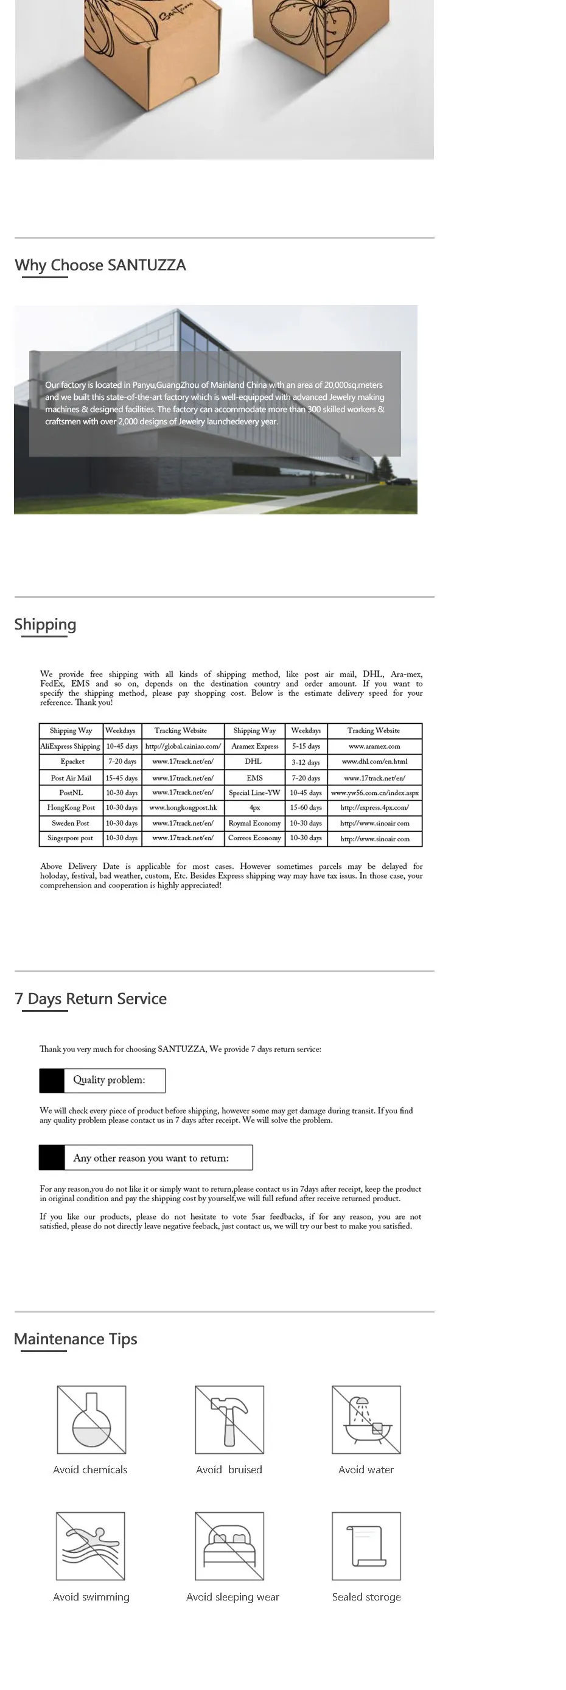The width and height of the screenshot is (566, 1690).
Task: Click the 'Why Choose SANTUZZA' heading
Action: [100, 265]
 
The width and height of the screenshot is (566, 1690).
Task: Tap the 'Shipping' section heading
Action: [45, 624]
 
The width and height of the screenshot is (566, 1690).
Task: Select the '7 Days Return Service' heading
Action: [91, 998]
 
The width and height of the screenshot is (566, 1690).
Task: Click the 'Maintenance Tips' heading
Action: [75, 1339]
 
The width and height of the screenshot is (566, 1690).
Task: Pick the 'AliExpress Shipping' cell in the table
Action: [70, 746]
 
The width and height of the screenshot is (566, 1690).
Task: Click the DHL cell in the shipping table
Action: [253, 762]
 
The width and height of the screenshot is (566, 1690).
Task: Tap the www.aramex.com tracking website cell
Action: [374, 746]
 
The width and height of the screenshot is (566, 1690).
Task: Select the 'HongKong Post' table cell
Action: [71, 808]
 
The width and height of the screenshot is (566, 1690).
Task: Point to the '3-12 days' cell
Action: [306, 762]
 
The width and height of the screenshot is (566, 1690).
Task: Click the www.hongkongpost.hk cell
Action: [183, 808]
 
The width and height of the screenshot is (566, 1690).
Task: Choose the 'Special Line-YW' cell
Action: [254, 793]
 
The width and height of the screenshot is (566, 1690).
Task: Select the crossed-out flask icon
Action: [91, 1419]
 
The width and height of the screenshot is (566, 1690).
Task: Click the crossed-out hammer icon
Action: [229, 1419]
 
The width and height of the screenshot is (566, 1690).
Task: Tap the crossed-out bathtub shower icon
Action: [366, 1419]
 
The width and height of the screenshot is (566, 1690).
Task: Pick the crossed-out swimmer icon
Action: [91, 1546]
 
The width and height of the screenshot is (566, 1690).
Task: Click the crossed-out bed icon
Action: [229, 1546]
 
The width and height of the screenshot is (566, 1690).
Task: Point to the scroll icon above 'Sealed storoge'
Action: [366, 1546]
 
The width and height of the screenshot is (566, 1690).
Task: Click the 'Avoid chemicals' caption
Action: [90, 1470]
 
